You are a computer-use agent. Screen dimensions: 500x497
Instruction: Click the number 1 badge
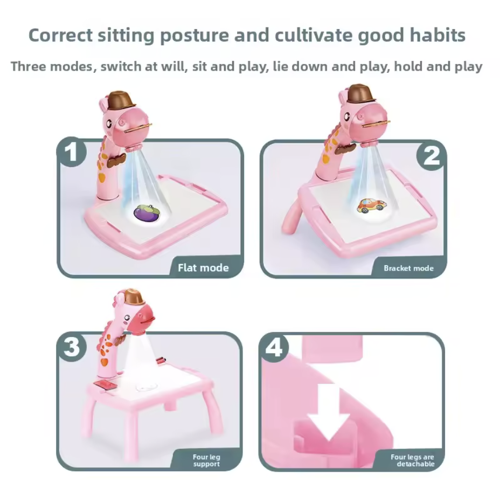(x=72, y=152)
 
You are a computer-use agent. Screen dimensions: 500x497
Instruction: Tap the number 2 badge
(x=432, y=156)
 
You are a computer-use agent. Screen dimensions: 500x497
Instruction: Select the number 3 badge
(x=72, y=347)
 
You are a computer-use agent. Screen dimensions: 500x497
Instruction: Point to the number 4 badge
(x=274, y=347)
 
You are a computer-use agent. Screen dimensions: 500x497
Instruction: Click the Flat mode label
(x=203, y=268)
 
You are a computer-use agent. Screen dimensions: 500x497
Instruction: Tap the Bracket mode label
(x=408, y=268)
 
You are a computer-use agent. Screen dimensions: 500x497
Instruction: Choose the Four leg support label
(x=206, y=460)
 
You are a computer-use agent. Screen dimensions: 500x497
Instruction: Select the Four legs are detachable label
(x=413, y=460)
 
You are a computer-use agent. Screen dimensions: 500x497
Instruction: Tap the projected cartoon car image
(x=371, y=206)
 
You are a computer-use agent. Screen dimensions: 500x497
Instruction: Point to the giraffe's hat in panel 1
(x=120, y=100)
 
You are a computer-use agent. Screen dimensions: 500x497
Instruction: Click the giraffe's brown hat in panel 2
(x=359, y=93)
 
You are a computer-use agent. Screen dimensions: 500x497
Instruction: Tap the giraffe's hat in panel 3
(x=134, y=296)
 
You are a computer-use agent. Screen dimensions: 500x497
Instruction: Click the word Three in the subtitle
(x=29, y=66)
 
